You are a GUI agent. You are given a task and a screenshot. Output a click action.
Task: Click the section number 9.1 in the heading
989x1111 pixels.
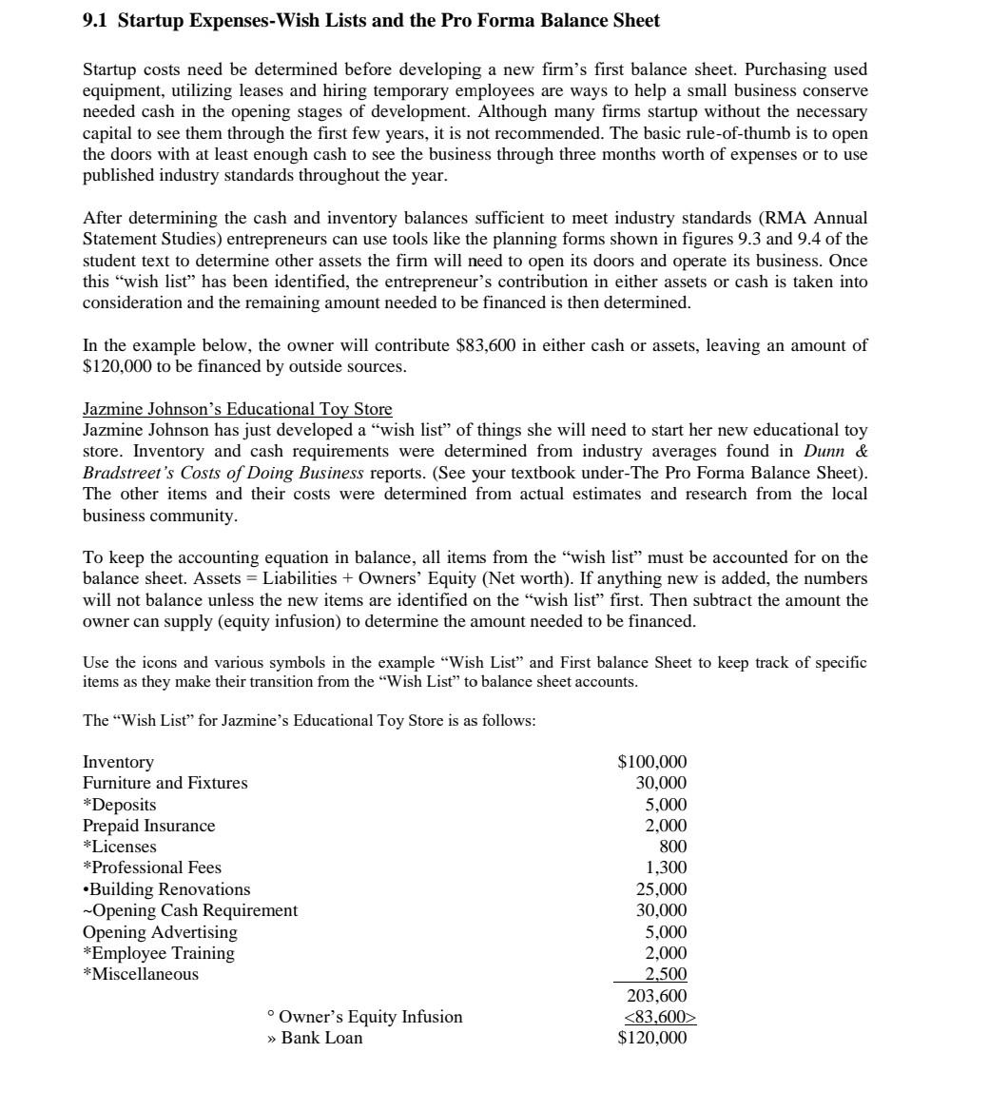(x=95, y=20)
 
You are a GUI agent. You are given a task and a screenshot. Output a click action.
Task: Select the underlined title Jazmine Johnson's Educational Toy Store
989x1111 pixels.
(x=237, y=409)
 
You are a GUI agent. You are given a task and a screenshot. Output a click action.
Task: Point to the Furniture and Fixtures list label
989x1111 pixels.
(x=165, y=783)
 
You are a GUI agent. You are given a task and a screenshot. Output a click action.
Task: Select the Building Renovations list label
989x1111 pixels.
(x=166, y=889)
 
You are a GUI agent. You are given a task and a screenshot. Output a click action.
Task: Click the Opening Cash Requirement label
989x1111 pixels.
(x=190, y=910)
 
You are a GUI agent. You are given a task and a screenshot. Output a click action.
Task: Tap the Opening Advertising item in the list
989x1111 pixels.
(x=160, y=932)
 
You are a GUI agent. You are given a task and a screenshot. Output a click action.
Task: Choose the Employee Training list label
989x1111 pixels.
(x=159, y=953)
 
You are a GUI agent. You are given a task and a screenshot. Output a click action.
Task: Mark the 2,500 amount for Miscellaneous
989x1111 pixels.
(x=666, y=974)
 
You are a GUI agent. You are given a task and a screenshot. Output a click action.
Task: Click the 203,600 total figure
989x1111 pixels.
(x=657, y=996)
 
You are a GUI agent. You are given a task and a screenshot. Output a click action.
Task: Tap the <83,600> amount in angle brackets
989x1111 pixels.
(x=660, y=1017)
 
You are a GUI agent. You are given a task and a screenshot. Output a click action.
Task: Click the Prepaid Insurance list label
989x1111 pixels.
(x=149, y=826)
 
